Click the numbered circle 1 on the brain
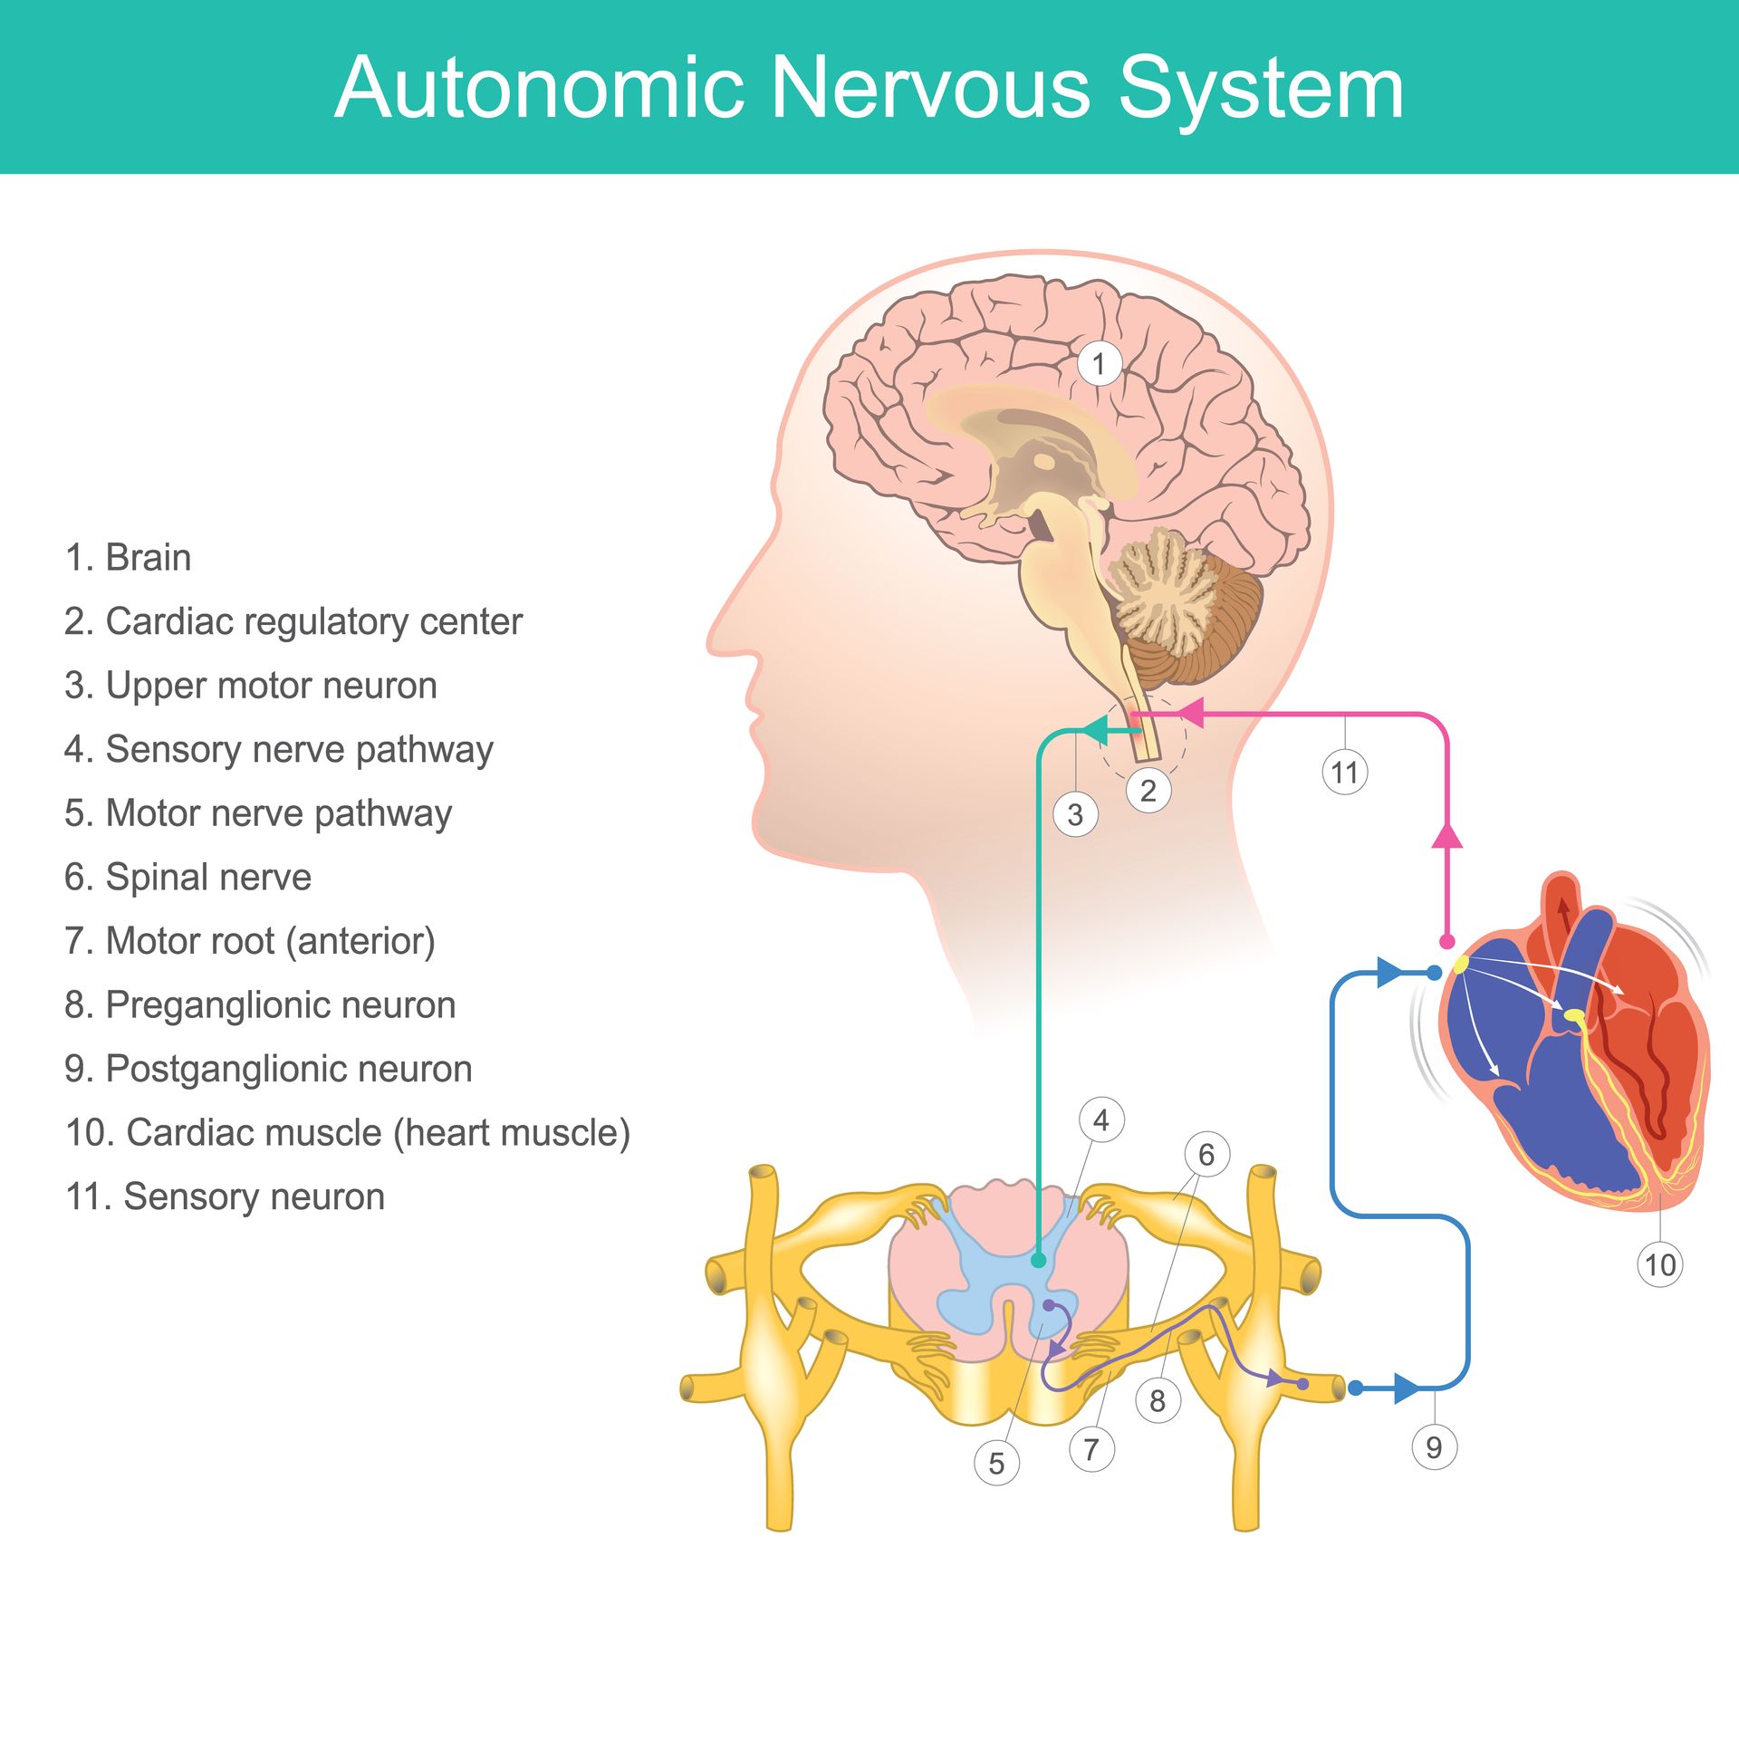tap(1100, 364)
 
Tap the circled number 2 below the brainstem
tap(1148, 791)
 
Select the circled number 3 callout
tap(1075, 814)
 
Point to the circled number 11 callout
tap(1345, 773)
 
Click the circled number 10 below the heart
tap(1660, 1264)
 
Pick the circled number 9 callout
tap(1435, 1446)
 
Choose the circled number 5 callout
tap(996, 1463)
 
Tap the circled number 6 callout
tap(1207, 1154)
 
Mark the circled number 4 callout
tap(1101, 1120)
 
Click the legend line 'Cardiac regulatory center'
tap(293, 621)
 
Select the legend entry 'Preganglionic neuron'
tap(260, 1004)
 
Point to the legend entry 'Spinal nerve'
tap(187, 877)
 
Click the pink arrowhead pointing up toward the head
tap(1447, 834)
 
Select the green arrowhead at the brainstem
tap(1096, 729)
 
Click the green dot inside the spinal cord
tap(1038, 1260)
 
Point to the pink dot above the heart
tap(1447, 942)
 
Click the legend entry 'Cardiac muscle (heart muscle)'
tap(348, 1132)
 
